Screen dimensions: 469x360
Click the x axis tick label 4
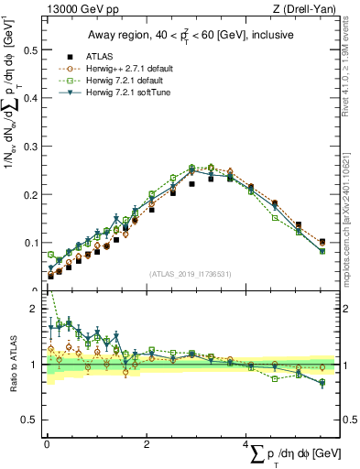[x=247, y=444]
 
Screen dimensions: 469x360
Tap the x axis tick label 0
[x=46, y=444]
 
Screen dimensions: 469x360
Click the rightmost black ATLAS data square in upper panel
[x=322, y=242]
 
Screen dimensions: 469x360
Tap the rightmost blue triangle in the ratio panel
[x=322, y=383]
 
